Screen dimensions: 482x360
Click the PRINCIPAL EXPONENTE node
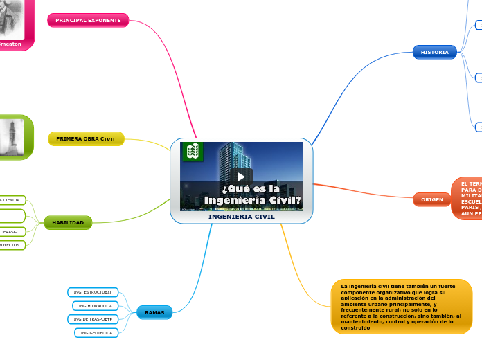coord(88,21)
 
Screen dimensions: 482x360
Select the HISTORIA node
coord(434,52)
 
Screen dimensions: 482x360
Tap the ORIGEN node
coord(431,199)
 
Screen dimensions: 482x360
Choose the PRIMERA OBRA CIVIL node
coord(86,139)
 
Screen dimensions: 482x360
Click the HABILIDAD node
coord(67,222)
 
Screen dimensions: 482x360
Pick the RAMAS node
coord(154,313)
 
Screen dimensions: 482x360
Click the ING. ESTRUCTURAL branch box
coord(93,292)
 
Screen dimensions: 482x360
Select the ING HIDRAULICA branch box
coord(96,305)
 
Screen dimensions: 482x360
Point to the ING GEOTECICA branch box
coord(96,333)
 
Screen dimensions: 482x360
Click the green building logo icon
coord(193,151)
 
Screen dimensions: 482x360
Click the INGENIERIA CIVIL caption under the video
coord(241,217)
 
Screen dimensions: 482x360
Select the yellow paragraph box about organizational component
coord(401,307)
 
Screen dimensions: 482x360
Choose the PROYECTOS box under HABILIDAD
coord(12,245)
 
